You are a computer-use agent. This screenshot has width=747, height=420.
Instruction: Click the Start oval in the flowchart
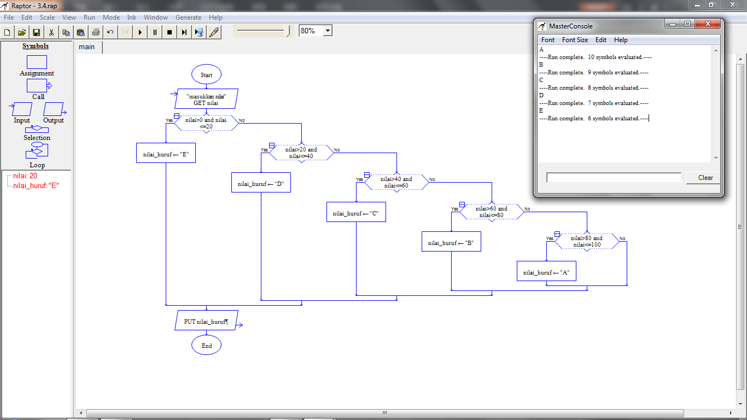click(206, 75)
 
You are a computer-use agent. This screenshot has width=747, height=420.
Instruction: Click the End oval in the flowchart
click(206, 346)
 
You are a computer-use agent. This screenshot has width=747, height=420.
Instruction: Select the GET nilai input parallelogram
click(206, 99)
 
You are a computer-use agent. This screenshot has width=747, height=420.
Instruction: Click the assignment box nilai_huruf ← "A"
click(546, 272)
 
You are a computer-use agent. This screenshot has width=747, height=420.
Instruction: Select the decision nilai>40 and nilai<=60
click(396, 182)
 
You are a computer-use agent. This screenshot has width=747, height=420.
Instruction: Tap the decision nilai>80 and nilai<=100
click(587, 241)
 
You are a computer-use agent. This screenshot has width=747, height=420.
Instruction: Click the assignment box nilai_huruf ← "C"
click(356, 213)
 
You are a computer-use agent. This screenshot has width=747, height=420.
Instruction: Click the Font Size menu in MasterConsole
click(575, 40)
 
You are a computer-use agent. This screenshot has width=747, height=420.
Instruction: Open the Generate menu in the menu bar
click(188, 17)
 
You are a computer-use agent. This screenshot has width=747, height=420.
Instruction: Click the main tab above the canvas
click(87, 47)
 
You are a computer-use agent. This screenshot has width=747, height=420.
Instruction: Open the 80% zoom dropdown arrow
click(328, 31)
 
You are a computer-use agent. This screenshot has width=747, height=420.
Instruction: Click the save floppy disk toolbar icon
click(37, 32)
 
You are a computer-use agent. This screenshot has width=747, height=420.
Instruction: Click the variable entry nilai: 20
click(25, 176)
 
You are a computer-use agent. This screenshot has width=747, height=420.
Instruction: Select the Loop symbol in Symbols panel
click(37, 150)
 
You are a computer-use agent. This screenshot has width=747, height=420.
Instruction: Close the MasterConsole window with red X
click(708, 24)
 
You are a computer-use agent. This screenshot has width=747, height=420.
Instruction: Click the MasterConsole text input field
click(614, 178)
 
